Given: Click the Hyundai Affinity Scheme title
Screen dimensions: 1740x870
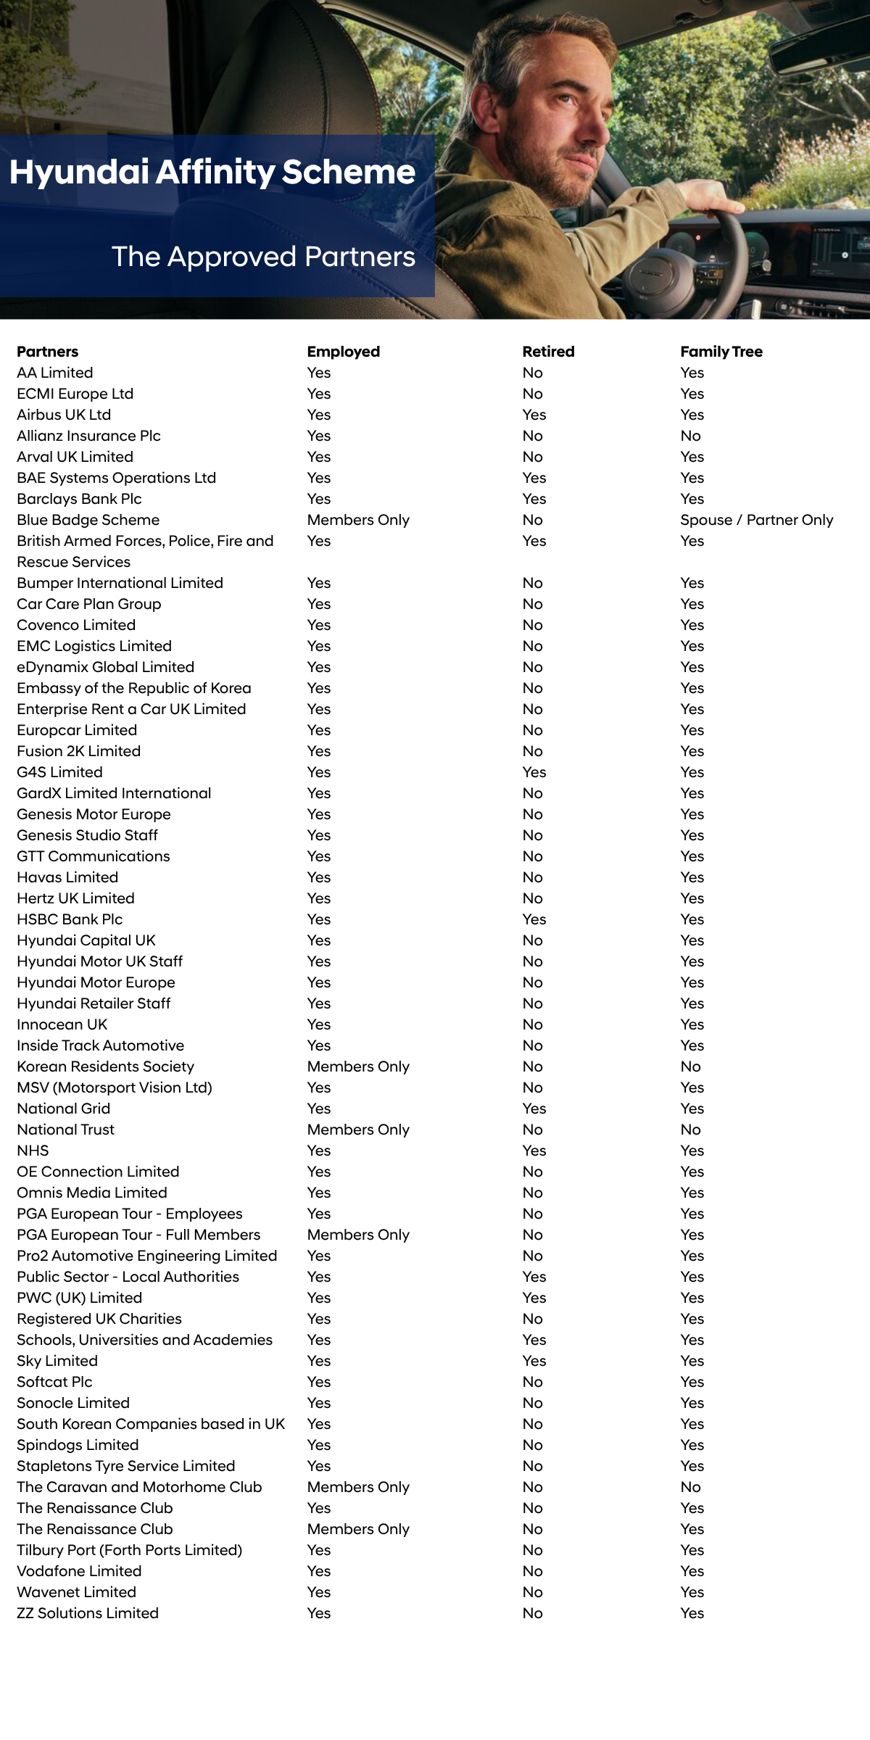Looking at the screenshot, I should [212, 173].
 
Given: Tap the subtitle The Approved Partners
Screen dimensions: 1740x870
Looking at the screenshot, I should [263, 257].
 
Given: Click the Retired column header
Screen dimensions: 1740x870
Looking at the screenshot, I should [548, 352].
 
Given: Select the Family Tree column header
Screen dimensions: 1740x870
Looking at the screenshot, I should [721, 352].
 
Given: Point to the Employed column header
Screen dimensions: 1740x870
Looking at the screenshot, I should [343, 352].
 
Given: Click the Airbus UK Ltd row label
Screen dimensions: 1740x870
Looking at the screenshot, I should [64, 415].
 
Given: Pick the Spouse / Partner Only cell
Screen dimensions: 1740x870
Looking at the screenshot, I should [756, 520].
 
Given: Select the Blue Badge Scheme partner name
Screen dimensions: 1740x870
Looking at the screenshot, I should [88, 520].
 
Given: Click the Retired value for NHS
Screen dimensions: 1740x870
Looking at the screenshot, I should [534, 1151].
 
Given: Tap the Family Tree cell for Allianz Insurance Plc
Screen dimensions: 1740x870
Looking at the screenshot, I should [690, 436].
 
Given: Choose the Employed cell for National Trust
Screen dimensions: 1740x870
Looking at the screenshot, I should [358, 1130].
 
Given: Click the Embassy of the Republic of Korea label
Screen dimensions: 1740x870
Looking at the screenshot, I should [134, 688].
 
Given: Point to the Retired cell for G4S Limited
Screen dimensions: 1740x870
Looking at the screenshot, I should [534, 772].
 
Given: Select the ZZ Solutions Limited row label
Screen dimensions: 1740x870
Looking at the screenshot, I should [88, 1613].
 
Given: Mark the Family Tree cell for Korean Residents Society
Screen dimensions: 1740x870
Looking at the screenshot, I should [690, 1066].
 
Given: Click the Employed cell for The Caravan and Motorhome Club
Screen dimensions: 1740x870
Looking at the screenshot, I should [358, 1487].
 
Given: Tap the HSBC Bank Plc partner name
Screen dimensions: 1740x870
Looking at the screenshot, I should [70, 919].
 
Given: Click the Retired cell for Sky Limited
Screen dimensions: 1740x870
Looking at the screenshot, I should [534, 1361].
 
